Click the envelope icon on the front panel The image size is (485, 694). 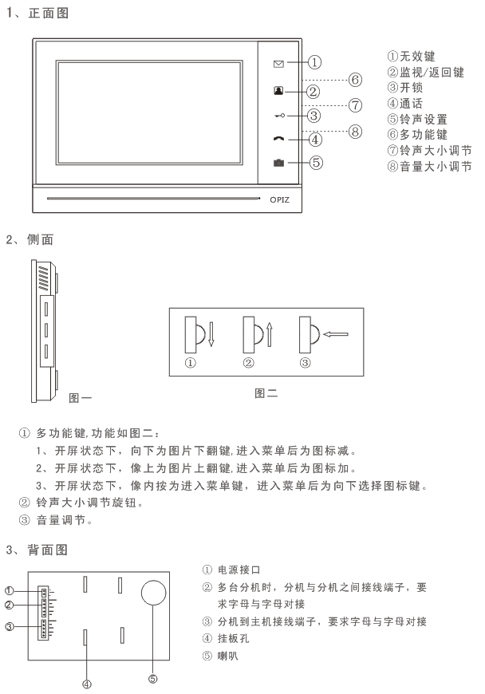[x=278, y=64]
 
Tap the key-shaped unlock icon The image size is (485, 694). [x=280, y=116]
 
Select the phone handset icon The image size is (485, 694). [x=278, y=139]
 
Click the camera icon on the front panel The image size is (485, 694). [x=278, y=163]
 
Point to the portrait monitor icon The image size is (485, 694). [x=278, y=90]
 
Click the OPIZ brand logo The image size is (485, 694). [x=280, y=199]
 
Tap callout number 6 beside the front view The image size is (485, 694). [x=355, y=80]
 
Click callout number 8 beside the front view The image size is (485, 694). [x=355, y=132]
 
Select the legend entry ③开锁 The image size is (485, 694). [x=405, y=87]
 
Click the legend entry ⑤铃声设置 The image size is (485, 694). [x=417, y=119]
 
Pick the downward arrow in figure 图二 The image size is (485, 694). [x=211, y=334]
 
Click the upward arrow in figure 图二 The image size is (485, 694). [x=269, y=334]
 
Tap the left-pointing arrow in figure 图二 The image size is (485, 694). [x=336, y=334]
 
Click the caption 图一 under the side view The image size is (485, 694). [x=80, y=398]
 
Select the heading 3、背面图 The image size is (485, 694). [x=37, y=550]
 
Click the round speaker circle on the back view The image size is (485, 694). [x=153, y=593]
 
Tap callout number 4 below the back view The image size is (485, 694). [x=87, y=684]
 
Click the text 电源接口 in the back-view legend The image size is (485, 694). [x=239, y=570]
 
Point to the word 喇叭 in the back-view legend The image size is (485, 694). [x=228, y=656]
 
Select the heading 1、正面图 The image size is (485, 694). [x=37, y=14]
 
